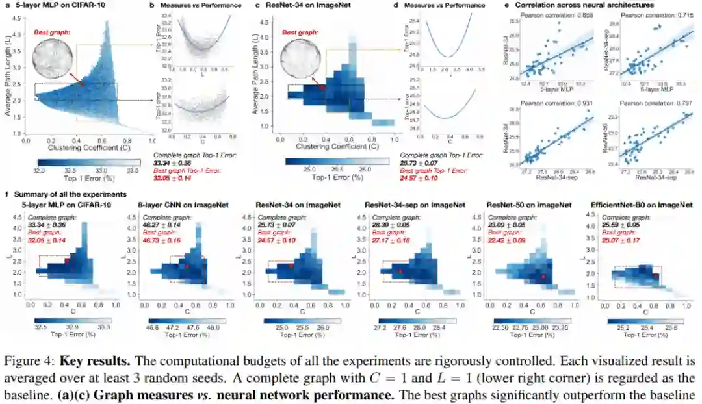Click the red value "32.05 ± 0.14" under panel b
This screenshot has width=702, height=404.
point(175,177)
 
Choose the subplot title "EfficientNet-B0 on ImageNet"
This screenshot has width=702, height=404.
point(641,205)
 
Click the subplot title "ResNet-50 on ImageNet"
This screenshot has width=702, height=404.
point(528,205)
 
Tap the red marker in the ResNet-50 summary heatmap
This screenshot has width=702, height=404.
point(543,277)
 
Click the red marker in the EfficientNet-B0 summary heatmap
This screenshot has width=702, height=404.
point(656,275)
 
